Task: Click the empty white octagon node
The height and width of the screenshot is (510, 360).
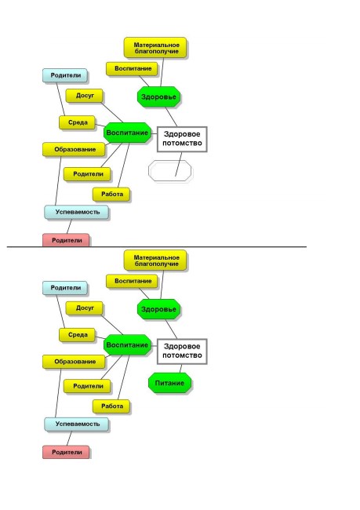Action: click(x=169, y=170)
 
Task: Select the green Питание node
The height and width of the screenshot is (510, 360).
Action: click(x=169, y=383)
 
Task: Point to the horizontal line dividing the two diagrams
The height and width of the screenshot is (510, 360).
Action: click(x=157, y=247)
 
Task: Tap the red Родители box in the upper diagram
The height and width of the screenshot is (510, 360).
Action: click(x=66, y=240)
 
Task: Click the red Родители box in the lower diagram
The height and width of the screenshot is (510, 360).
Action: click(x=66, y=452)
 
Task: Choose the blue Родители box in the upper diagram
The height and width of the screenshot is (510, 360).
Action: click(x=65, y=75)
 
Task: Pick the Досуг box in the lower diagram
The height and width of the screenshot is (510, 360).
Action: click(x=84, y=308)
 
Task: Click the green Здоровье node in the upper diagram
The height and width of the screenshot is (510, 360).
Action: click(x=158, y=97)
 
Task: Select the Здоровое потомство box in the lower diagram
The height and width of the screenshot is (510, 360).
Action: click(x=182, y=352)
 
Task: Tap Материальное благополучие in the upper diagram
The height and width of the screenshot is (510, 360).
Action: click(x=155, y=48)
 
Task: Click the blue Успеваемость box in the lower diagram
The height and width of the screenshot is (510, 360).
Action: click(x=76, y=424)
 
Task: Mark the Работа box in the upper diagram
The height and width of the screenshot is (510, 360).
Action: click(x=111, y=194)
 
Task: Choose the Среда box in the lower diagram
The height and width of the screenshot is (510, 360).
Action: click(x=77, y=335)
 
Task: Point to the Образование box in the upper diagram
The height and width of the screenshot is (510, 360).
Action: click(x=74, y=149)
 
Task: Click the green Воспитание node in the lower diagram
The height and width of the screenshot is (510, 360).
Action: click(x=128, y=344)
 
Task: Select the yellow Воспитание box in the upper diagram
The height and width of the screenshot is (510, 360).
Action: click(x=132, y=68)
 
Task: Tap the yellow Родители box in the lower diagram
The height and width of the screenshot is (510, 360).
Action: click(x=87, y=386)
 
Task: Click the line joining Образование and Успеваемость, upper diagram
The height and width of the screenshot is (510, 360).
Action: click(x=58, y=180)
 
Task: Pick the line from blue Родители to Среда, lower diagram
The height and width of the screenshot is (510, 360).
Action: click(x=61, y=311)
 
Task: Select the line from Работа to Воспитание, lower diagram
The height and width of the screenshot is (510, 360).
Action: click(x=124, y=377)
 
